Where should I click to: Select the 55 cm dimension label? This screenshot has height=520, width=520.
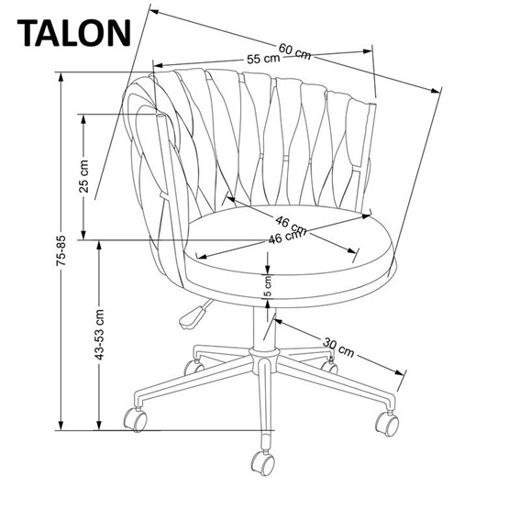tap(263, 59)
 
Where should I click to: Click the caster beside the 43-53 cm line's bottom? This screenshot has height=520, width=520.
tap(136, 420)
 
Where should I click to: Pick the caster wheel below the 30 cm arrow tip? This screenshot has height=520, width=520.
tap(386, 423)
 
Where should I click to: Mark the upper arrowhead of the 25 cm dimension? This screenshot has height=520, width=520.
tap(83, 117)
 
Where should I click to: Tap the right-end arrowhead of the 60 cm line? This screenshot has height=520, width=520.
tap(436, 89)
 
